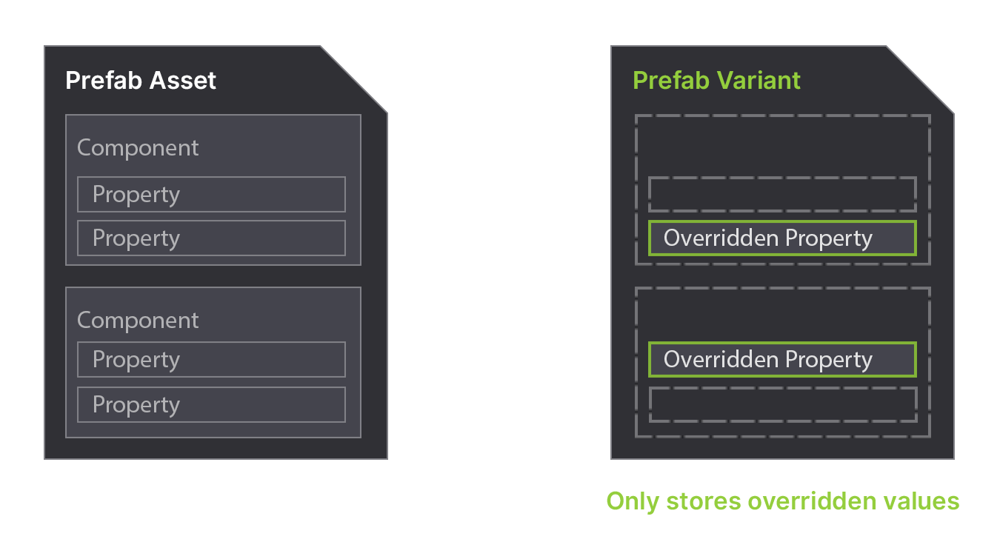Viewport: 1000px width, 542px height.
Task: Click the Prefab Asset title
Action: (x=141, y=80)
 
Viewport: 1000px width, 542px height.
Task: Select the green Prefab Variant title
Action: (x=716, y=80)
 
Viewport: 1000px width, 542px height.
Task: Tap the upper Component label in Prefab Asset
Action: (x=138, y=148)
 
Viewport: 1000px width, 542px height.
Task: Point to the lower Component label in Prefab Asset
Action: (x=138, y=321)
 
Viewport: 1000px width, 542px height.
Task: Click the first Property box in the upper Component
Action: (x=211, y=195)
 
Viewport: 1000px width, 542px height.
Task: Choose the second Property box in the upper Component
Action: (x=211, y=238)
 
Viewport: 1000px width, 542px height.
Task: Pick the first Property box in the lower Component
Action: (x=211, y=360)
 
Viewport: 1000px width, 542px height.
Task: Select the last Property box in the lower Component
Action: (x=211, y=405)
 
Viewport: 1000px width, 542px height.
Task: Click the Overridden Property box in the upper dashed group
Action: (x=782, y=238)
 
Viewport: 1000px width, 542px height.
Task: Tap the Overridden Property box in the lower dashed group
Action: (x=782, y=360)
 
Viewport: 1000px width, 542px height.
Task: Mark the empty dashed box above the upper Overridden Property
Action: (x=782, y=195)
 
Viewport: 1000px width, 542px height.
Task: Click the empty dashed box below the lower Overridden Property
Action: (x=782, y=405)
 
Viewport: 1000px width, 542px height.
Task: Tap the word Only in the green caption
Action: (x=633, y=501)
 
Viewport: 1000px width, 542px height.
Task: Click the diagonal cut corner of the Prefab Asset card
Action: (x=354, y=79)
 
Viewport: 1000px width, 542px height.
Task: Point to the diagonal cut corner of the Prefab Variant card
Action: (x=921, y=79)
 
